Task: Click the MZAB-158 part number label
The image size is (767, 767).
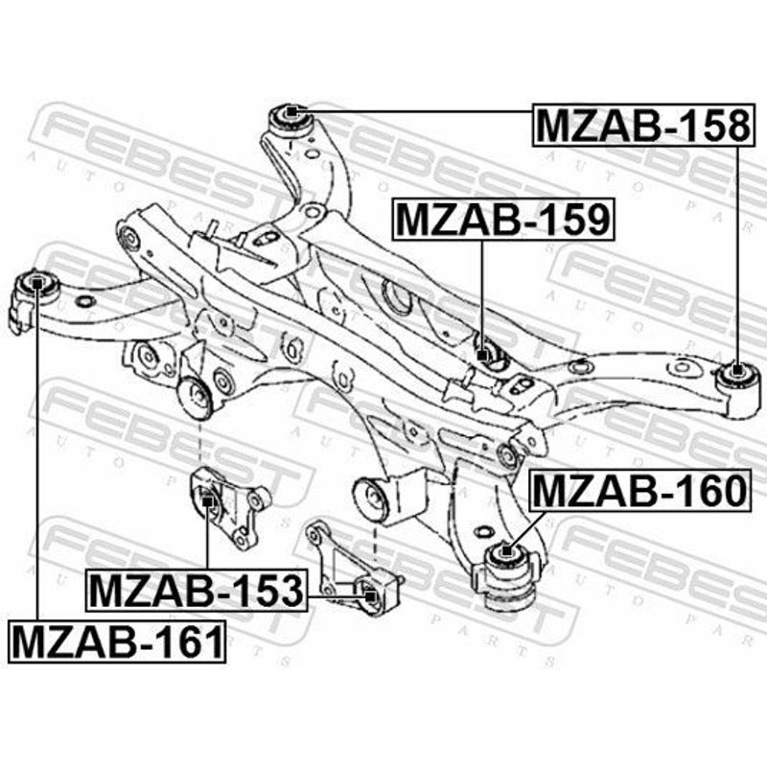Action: (x=643, y=126)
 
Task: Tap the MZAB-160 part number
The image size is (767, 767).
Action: (x=640, y=490)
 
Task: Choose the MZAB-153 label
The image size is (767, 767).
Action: (x=197, y=591)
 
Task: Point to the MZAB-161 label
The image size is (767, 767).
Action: (x=117, y=641)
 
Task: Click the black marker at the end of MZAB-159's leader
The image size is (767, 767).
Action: (x=482, y=356)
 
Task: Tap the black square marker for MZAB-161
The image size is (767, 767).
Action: (x=37, y=282)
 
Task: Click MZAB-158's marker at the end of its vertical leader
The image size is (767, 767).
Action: (x=736, y=370)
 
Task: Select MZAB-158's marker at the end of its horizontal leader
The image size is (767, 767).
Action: (x=291, y=112)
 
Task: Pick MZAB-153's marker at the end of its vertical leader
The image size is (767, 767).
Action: (x=207, y=500)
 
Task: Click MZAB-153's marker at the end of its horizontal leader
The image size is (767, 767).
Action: (x=370, y=595)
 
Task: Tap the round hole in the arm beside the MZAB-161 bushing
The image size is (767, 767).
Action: (x=84, y=301)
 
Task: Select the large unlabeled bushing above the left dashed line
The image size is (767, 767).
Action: (x=196, y=398)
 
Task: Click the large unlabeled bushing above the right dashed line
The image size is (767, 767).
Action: (x=373, y=498)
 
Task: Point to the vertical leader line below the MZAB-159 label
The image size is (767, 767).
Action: (x=482, y=295)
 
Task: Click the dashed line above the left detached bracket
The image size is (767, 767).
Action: (x=200, y=443)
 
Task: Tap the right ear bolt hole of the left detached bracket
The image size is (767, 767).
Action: (x=255, y=500)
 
